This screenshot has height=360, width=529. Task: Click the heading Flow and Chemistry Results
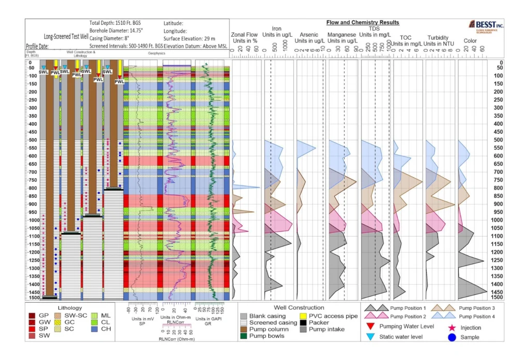(x=363, y=23)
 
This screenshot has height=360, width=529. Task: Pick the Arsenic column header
(x=310, y=34)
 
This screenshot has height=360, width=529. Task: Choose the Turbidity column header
(x=441, y=38)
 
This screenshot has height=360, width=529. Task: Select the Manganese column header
(x=342, y=34)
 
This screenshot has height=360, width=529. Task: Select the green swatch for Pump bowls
(x=243, y=336)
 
